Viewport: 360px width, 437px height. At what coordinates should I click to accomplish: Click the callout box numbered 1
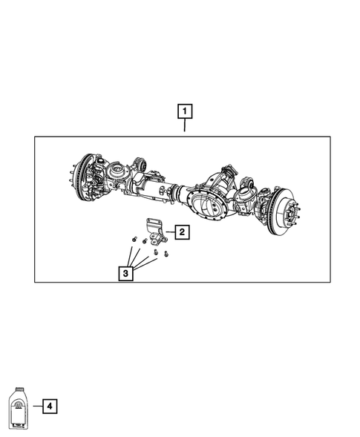185,112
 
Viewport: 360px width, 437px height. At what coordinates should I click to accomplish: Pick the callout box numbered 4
49,406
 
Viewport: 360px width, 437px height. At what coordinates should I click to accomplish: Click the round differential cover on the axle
207,200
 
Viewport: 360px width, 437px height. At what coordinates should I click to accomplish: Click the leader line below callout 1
185,128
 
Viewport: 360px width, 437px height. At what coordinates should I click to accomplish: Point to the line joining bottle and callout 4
36,406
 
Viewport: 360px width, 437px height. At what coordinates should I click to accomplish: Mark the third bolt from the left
155,252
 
